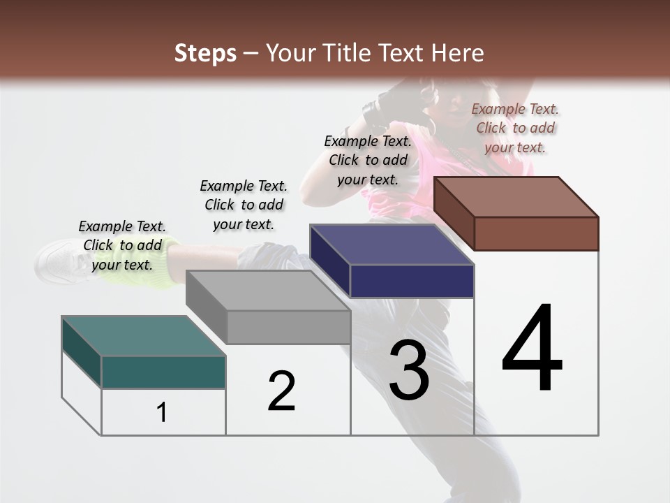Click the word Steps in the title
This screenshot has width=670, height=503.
click(x=205, y=53)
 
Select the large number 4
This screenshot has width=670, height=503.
click(x=532, y=349)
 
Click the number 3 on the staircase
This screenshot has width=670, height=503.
click(x=408, y=370)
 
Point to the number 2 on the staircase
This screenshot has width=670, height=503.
click(x=281, y=391)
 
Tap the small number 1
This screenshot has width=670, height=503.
click(x=162, y=413)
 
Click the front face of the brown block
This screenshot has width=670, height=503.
click(x=536, y=233)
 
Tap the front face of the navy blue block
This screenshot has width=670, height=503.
click(x=412, y=281)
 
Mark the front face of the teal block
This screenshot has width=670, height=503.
click(x=163, y=372)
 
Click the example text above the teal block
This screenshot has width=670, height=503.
click(x=122, y=245)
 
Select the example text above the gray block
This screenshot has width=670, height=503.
click(x=244, y=205)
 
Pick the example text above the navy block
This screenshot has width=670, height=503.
click(x=368, y=160)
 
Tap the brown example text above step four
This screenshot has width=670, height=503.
click(x=515, y=128)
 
